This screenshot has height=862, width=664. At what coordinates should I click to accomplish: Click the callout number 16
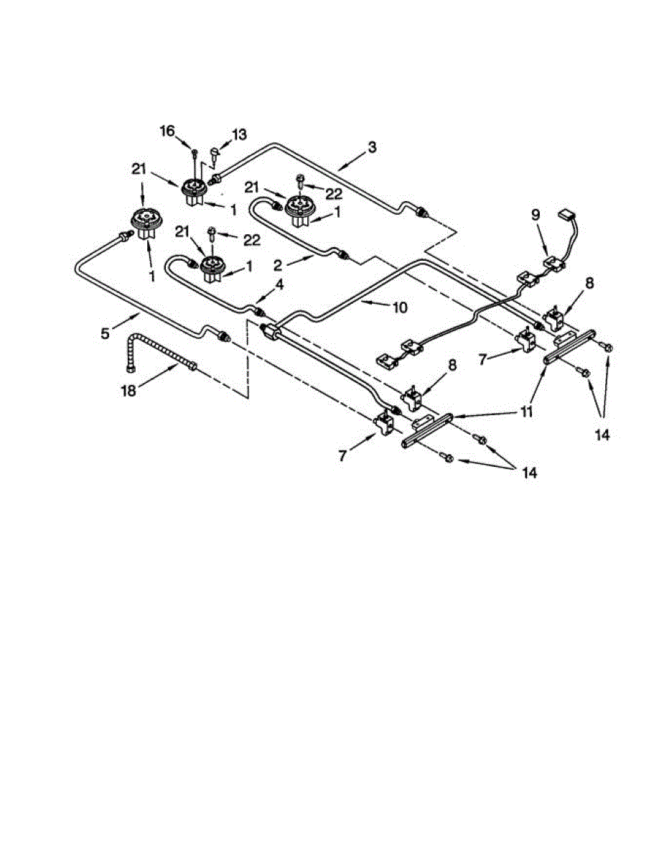point(167,131)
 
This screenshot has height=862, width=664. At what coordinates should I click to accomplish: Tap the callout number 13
point(238,134)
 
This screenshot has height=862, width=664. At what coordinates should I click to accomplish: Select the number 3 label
point(371,148)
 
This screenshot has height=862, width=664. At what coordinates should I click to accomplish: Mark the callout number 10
point(400,307)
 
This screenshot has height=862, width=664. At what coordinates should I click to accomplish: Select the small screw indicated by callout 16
point(195,152)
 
